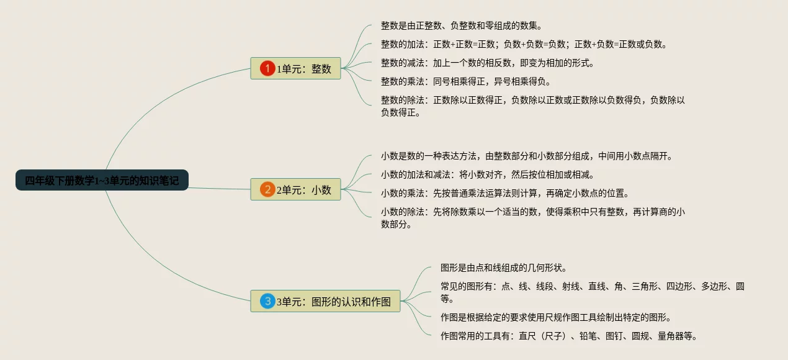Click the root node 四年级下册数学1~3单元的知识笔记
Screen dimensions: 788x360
coord(102,181)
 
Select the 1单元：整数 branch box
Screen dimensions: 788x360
coord(295,68)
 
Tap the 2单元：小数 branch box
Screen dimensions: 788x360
coord(295,189)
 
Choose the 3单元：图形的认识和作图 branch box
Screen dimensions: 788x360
coord(325,301)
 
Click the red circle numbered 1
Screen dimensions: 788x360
coord(267,68)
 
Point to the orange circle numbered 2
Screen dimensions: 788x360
coord(267,189)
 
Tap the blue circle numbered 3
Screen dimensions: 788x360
coord(267,301)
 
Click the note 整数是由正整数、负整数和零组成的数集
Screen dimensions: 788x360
coord(462,25)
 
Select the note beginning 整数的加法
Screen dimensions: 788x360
coord(524,44)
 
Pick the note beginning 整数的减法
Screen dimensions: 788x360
coord(488,63)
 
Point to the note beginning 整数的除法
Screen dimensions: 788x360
coord(532,106)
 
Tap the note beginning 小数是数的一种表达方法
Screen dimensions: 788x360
coord(527,156)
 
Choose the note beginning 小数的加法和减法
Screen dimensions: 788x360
coord(488,174)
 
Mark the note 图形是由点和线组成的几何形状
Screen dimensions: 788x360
coord(504,268)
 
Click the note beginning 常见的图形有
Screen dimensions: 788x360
coord(592,292)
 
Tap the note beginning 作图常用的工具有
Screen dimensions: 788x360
coord(569,336)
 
